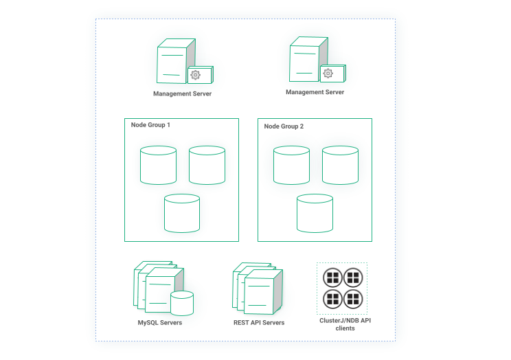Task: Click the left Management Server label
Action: (x=182, y=93)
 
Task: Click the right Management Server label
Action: (x=315, y=92)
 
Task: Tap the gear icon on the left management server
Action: (x=195, y=75)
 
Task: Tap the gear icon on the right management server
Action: (x=328, y=74)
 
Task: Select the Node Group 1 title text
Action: (x=150, y=126)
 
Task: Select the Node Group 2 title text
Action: (x=284, y=126)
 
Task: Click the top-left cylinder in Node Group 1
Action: (x=158, y=165)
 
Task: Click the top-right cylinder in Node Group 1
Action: (x=207, y=165)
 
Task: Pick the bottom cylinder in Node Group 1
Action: (x=182, y=213)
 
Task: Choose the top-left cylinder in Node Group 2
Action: (x=291, y=165)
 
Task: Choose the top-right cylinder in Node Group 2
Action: (x=340, y=165)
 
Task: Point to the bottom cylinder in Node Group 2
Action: (x=315, y=213)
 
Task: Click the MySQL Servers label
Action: (x=160, y=323)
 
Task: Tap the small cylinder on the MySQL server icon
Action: (x=182, y=303)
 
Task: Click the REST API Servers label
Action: (x=258, y=323)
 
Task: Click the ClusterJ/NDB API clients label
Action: (x=341, y=324)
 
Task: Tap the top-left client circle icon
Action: (x=332, y=278)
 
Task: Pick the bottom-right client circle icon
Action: (x=352, y=298)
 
